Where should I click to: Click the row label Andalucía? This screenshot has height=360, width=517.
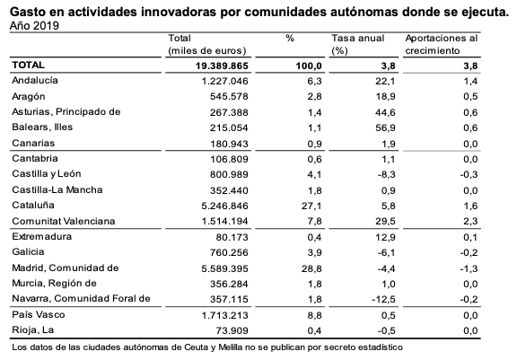(35, 81)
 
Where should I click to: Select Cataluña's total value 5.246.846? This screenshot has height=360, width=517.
(224, 206)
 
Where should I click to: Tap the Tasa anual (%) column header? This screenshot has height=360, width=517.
(358, 44)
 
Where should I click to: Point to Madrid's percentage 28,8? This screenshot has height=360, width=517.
(311, 268)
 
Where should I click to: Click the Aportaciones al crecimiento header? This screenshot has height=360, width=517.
(442, 44)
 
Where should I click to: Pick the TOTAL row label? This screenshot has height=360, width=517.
(29, 65)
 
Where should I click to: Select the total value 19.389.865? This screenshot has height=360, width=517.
(222, 66)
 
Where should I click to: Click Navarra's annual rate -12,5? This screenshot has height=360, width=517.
(383, 299)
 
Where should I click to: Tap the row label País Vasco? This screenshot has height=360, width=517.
(39, 314)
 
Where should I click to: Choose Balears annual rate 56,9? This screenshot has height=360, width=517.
(385, 127)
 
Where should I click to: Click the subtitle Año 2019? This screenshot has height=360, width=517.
(34, 25)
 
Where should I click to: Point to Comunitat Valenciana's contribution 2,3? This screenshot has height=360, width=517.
(470, 221)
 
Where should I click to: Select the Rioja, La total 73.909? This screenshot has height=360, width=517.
(232, 330)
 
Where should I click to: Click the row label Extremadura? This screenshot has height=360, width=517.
(42, 236)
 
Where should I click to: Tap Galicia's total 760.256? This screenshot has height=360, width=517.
(229, 252)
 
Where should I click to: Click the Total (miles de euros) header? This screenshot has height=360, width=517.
(207, 44)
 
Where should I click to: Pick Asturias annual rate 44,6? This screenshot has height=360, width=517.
(385, 112)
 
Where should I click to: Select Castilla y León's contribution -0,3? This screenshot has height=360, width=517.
(469, 174)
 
